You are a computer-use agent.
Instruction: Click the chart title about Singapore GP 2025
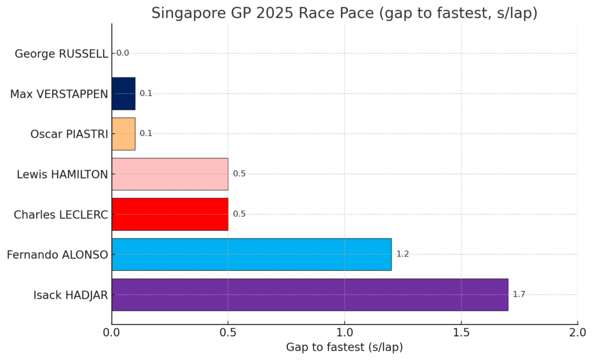point(344,13)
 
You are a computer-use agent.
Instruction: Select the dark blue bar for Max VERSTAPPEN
point(123,94)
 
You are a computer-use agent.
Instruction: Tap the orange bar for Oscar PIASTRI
point(123,134)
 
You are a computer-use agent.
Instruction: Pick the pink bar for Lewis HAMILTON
point(170,174)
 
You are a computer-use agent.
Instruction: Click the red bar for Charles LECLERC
point(170,214)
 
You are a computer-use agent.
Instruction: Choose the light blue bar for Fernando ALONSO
point(251,254)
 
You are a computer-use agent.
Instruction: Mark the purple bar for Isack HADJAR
point(310,295)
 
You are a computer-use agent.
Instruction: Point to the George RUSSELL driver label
point(61,54)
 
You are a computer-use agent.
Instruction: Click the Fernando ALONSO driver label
point(57,254)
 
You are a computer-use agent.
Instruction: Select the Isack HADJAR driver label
point(71,295)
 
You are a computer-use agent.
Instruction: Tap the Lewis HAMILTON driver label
point(63,174)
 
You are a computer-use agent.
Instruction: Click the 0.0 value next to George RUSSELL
point(123,53)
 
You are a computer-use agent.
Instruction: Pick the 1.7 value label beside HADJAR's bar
point(519,295)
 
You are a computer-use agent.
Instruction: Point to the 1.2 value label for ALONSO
point(402,254)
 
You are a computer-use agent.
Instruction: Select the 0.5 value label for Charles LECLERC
point(239,214)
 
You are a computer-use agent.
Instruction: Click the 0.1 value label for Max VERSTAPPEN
point(146,94)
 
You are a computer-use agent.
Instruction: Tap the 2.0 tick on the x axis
point(577,333)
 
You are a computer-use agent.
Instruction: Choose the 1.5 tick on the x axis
point(461,333)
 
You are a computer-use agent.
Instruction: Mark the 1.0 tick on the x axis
point(345,333)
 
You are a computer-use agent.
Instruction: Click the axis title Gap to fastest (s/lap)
point(344,347)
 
